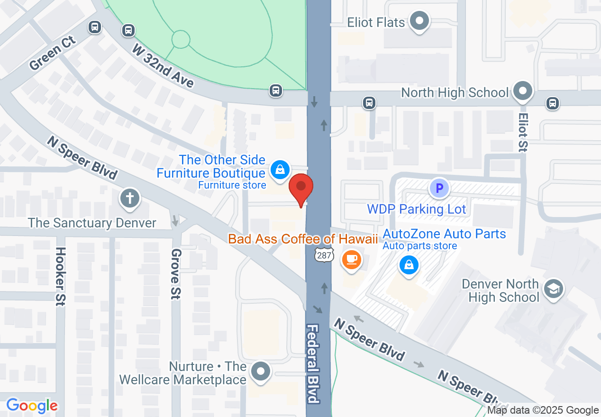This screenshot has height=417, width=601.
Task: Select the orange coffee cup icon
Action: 351,260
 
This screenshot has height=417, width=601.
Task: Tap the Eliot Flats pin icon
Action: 419,21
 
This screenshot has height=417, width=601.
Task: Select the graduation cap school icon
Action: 553,289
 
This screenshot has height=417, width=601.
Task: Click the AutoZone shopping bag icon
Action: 409,265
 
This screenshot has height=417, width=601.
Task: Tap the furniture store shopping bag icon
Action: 280,168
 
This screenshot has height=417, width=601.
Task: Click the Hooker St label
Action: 60,277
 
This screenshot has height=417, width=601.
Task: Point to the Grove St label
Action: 176,274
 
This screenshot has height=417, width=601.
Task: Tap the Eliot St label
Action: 523,132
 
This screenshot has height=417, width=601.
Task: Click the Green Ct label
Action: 53,56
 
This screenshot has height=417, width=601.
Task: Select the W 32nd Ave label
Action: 163,66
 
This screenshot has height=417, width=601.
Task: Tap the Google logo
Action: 32,406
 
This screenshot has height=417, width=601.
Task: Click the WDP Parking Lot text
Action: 417,209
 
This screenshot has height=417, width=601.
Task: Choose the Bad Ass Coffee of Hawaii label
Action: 303,238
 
